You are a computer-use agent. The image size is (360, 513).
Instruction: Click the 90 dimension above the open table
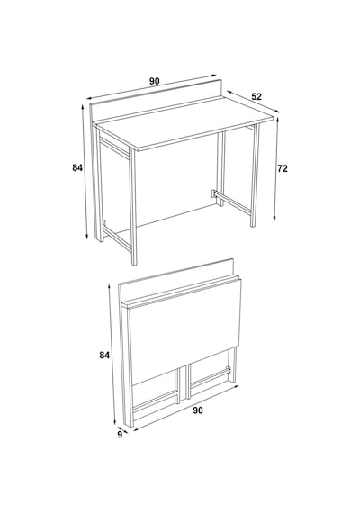pos(155,81)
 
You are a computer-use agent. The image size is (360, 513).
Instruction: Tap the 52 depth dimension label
pos(256,96)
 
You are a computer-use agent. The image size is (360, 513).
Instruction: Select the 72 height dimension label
pos(283,168)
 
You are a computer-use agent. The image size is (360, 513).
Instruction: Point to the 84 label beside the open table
pos(77,167)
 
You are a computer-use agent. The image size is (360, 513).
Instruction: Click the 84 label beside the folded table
pos(104,355)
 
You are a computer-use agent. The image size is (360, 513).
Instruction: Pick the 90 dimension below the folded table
pos(198,409)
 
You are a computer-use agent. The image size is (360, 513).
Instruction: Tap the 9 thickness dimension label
pos(120,435)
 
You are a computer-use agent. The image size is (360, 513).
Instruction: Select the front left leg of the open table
pos(133,206)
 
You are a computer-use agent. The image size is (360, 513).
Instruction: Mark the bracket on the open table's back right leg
pos(213,193)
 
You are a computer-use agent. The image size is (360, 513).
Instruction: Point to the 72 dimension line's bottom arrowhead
pos(275,218)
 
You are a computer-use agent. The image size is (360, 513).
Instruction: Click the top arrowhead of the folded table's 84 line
pos(109,287)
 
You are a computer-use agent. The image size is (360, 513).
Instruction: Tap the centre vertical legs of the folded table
pos(183,383)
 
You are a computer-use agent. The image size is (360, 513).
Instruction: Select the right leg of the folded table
pos(233,364)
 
